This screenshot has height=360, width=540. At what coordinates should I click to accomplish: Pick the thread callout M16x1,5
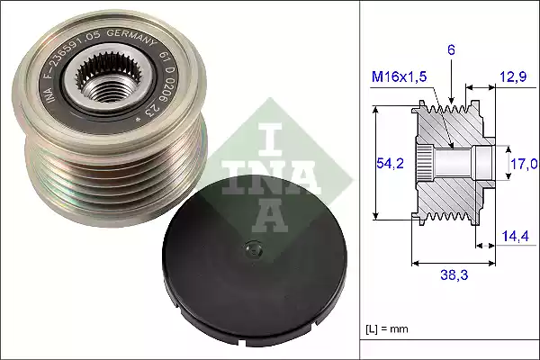pyautogui.click(x=399, y=80)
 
